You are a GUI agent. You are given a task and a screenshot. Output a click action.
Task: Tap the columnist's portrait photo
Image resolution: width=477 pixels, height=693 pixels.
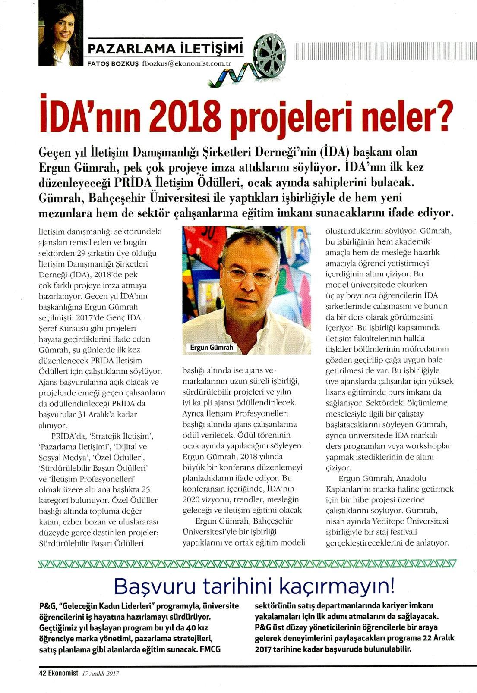(60, 32)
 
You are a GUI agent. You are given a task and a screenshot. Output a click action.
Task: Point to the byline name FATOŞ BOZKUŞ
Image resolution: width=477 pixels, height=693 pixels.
(113, 63)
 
